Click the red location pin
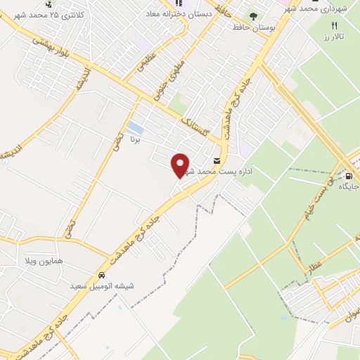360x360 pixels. (x=180, y=165)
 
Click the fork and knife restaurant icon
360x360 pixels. (x=335, y=25)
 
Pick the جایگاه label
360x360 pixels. (x=349, y=187)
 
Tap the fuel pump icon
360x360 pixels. (x=349, y=176)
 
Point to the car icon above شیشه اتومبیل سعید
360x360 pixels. (x=103, y=276)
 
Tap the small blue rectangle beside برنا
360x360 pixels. (x=135, y=128)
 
